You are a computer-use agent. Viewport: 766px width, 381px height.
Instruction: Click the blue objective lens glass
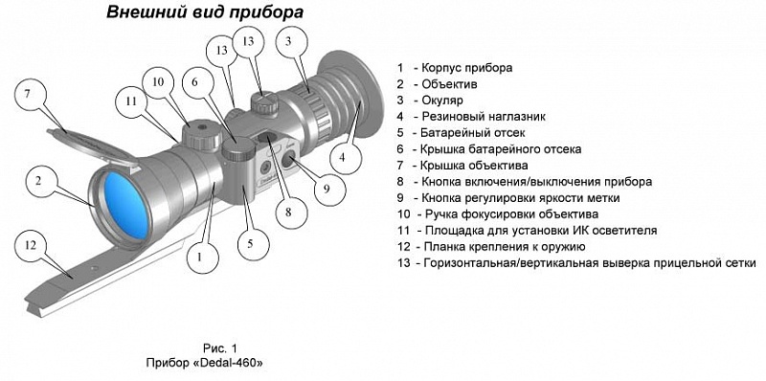(127, 205)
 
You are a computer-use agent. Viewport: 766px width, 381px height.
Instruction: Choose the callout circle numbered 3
(289, 43)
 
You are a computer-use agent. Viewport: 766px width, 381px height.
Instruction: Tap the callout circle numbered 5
(250, 244)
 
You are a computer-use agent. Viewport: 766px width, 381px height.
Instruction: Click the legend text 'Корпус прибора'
(466, 67)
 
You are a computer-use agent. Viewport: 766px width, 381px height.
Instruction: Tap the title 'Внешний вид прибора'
(205, 12)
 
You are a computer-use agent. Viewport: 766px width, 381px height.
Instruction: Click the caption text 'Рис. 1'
(219, 348)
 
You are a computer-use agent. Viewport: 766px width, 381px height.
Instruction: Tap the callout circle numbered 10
(158, 82)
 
